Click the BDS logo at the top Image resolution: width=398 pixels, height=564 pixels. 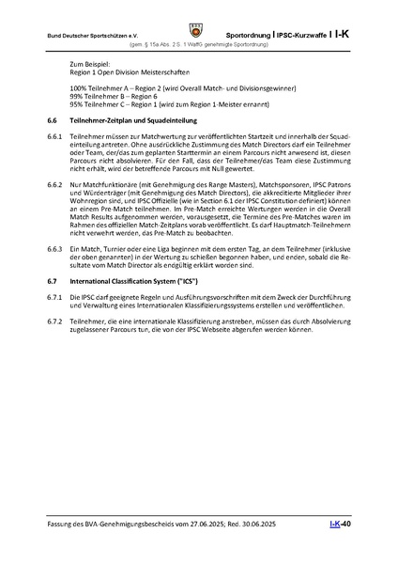coord(198,15)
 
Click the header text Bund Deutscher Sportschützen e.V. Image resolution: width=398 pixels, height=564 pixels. coord(82,35)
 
